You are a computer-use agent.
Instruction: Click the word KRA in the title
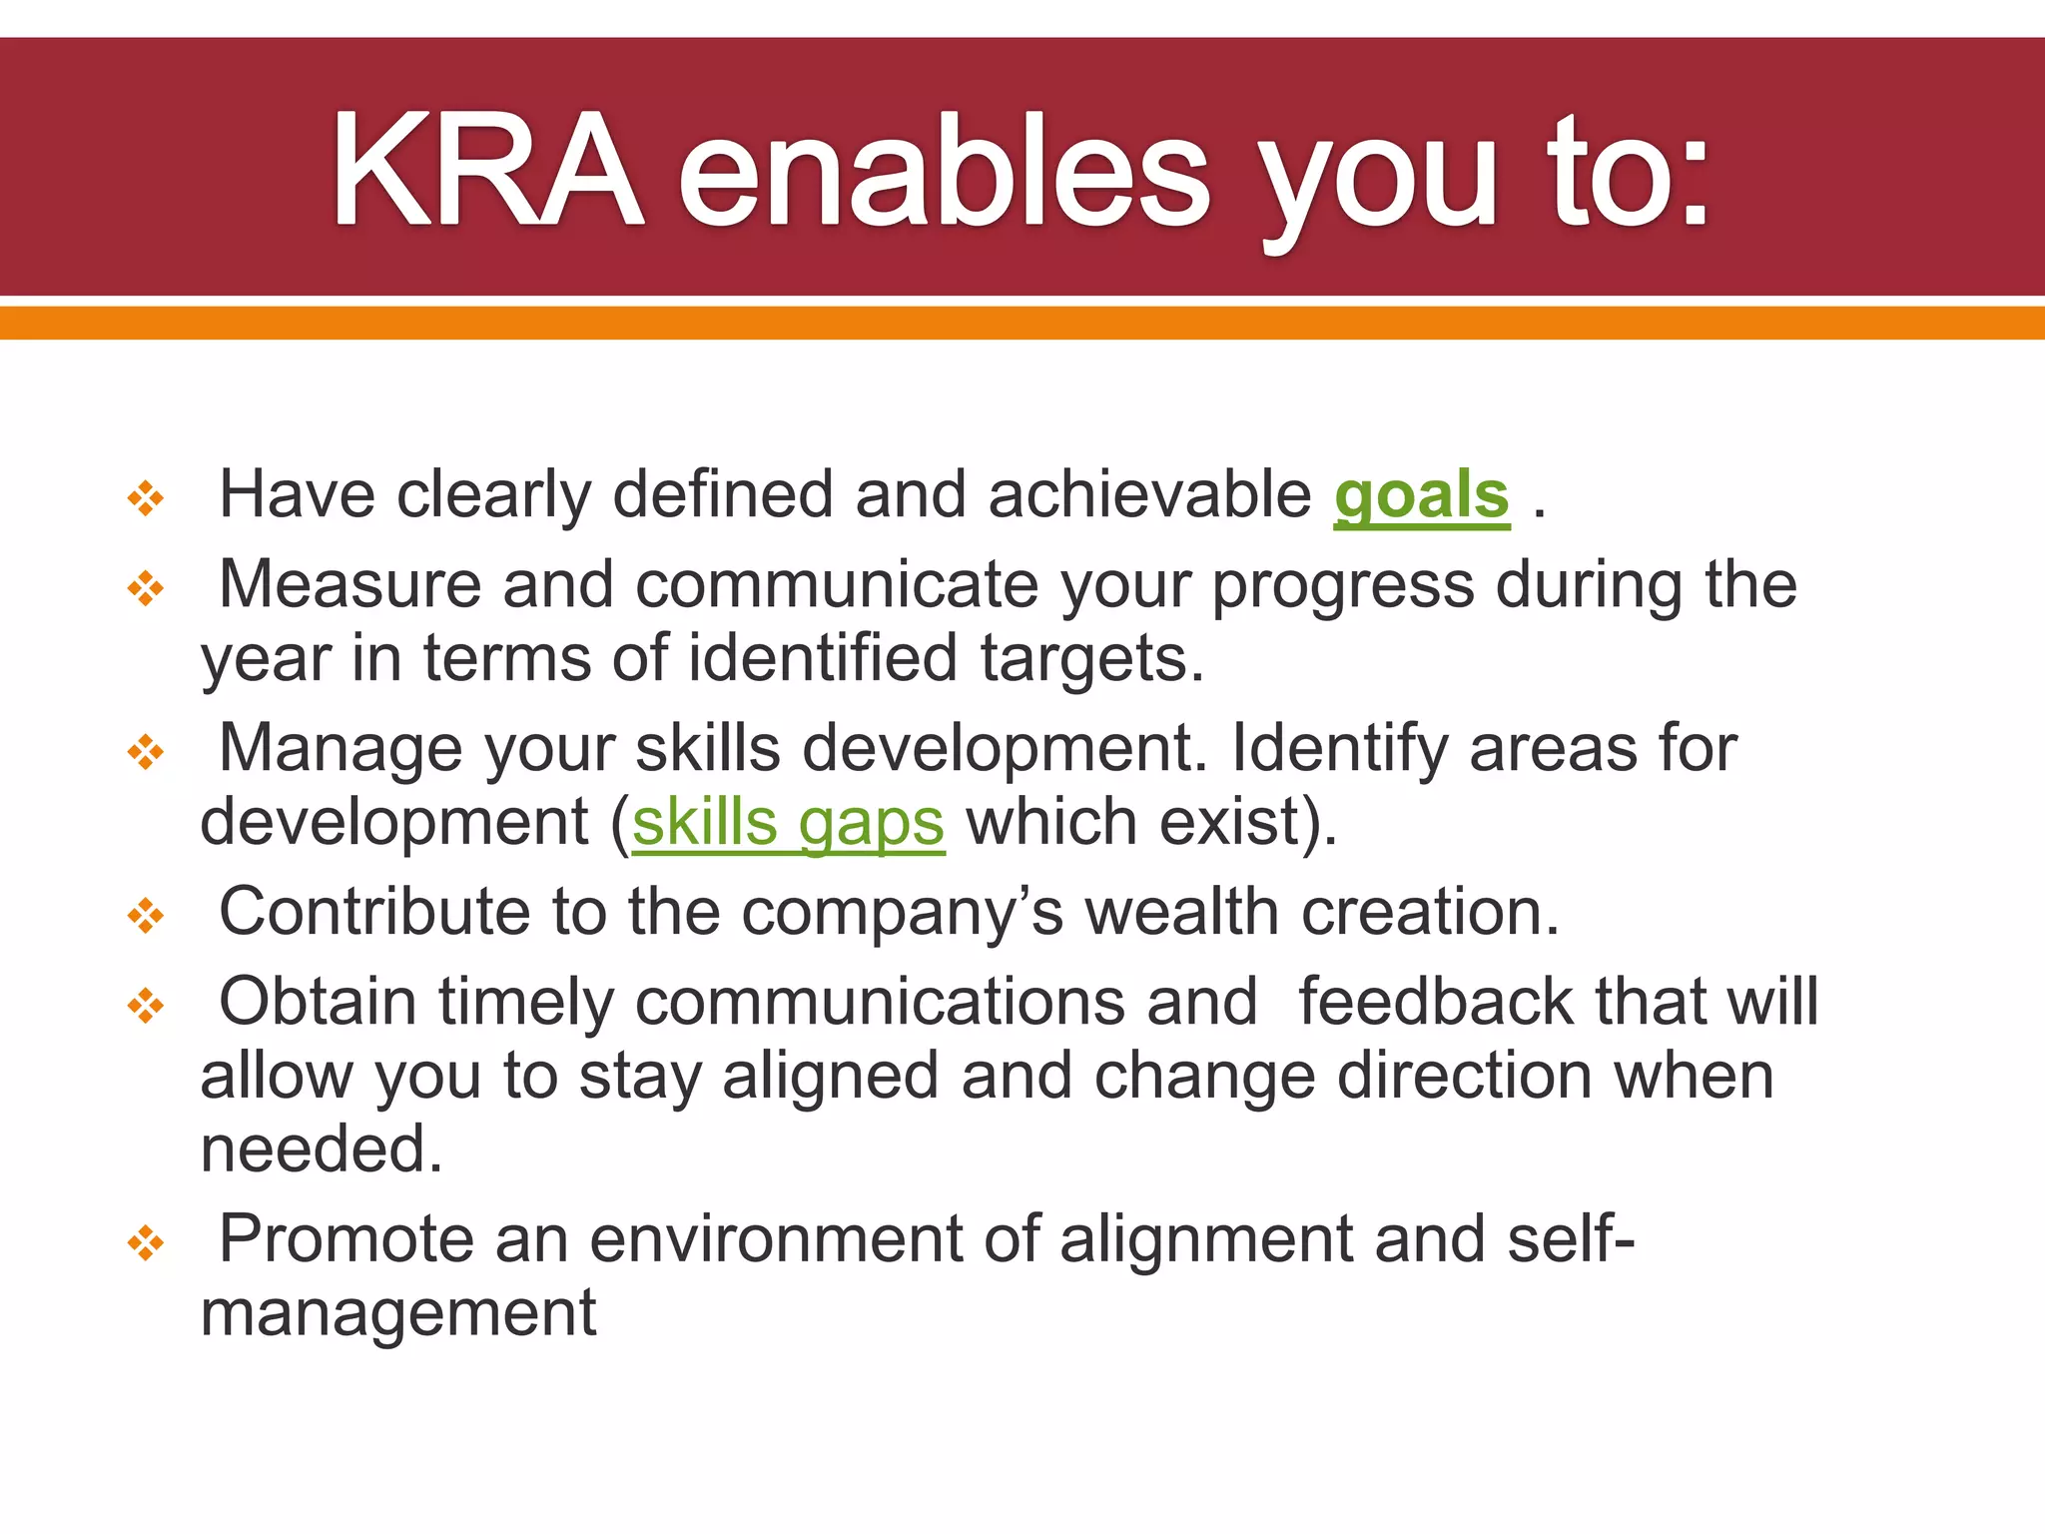[x=486, y=172]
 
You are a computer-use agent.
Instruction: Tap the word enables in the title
[x=944, y=172]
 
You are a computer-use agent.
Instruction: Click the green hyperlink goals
[x=1421, y=495]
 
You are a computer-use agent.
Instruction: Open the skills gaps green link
[x=788, y=824]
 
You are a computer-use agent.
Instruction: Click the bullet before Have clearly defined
[x=146, y=497]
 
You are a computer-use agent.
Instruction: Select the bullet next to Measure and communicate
[x=146, y=587]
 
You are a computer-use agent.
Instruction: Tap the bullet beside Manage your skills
[x=146, y=751]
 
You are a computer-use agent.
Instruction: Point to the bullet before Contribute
[x=146, y=915]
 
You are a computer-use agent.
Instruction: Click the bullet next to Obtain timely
[x=146, y=1005]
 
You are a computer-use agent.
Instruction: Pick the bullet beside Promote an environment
[x=146, y=1242]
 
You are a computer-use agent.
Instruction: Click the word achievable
[x=1149, y=495]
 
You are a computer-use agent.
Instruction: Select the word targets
[x=1091, y=660]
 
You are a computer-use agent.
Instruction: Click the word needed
[x=321, y=1150]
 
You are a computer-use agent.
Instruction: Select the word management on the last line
[x=397, y=1314]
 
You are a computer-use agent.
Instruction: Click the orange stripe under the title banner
[x=1022, y=323]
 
